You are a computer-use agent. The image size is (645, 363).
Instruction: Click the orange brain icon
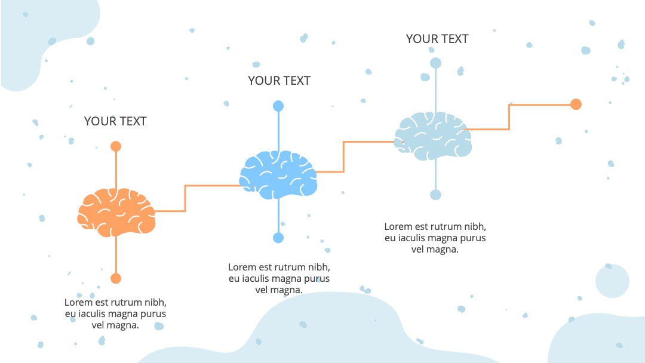(x=116, y=213)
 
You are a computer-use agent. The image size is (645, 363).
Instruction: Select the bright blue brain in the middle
(x=278, y=175)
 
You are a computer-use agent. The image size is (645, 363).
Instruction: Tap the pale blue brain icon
(x=433, y=136)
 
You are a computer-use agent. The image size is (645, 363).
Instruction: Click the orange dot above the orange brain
(x=116, y=146)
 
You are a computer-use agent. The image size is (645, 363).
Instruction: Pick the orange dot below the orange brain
(x=116, y=278)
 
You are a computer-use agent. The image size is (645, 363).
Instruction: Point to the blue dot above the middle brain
(x=278, y=106)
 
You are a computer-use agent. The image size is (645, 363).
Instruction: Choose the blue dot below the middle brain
(x=278, y=238)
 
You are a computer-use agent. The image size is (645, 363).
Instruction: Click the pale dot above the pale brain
(x=435, y=63)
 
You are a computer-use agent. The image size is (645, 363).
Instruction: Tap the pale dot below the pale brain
(x=435, y=195)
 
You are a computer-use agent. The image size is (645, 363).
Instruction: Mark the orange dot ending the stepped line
(x=576, y=104)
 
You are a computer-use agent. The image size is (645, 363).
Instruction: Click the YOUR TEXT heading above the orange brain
(x=115, y=121)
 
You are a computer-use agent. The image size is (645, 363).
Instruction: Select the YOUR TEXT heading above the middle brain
(x=279, y=81)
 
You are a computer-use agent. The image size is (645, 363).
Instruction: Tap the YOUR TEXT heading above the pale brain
(x=437, y=39)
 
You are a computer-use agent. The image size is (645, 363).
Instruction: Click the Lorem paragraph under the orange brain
(x=115, y=313)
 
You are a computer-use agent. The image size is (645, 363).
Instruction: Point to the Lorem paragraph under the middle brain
(x=279, y=278)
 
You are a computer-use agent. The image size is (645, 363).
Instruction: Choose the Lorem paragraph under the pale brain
(x=435, y=238)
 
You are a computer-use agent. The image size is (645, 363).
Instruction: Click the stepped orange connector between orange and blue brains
(x=185, y=199)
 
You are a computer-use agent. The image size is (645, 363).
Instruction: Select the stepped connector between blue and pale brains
(x=343, y=157)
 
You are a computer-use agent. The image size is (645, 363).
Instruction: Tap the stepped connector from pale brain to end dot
(x=509, y=117)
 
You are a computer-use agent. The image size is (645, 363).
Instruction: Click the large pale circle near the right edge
(x=612, y=281)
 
